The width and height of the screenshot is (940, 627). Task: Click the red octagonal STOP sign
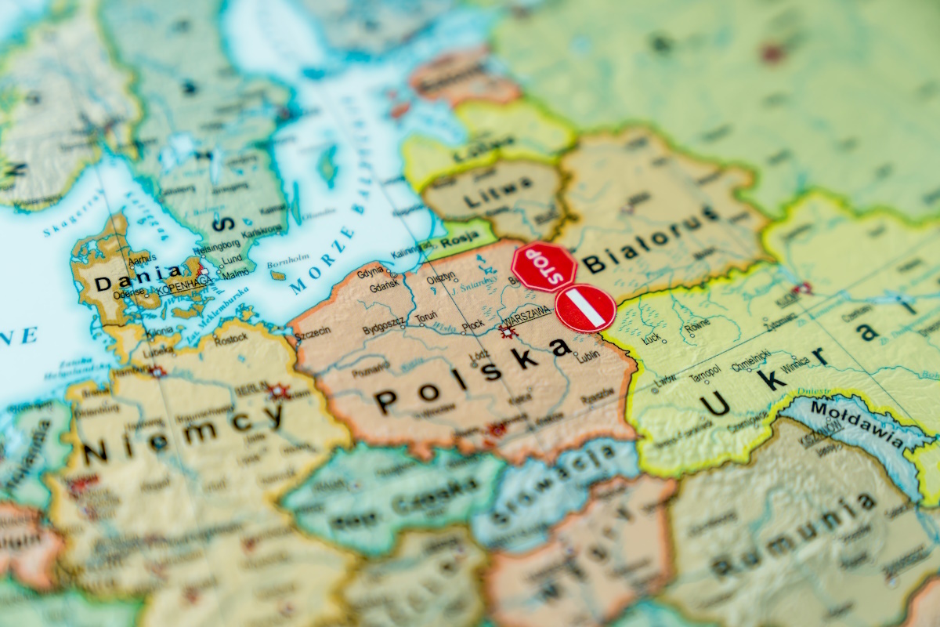coord(544,266)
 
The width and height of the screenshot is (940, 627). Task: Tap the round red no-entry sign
coord(585,308)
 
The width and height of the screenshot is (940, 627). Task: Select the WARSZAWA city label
coord(526,319)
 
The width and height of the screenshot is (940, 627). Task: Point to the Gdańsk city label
coord(384,288)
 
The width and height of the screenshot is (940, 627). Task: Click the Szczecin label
coord(313,334)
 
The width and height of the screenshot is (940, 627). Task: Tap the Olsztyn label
coord(441,279)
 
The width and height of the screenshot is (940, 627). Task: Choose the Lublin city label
coord(590,357)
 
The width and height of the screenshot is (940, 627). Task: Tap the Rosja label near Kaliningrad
coord(459,243)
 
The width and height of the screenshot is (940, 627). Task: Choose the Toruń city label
coord(425,317)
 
